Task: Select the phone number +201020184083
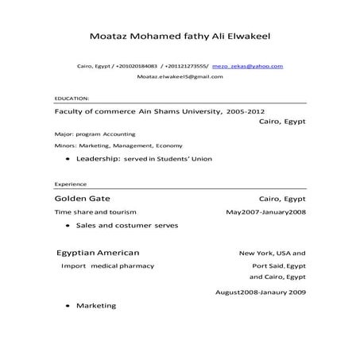136,67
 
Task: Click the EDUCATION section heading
72,98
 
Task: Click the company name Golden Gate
82,197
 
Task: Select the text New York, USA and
272,253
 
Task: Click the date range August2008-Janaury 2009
261,292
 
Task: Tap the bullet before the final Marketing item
66,306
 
